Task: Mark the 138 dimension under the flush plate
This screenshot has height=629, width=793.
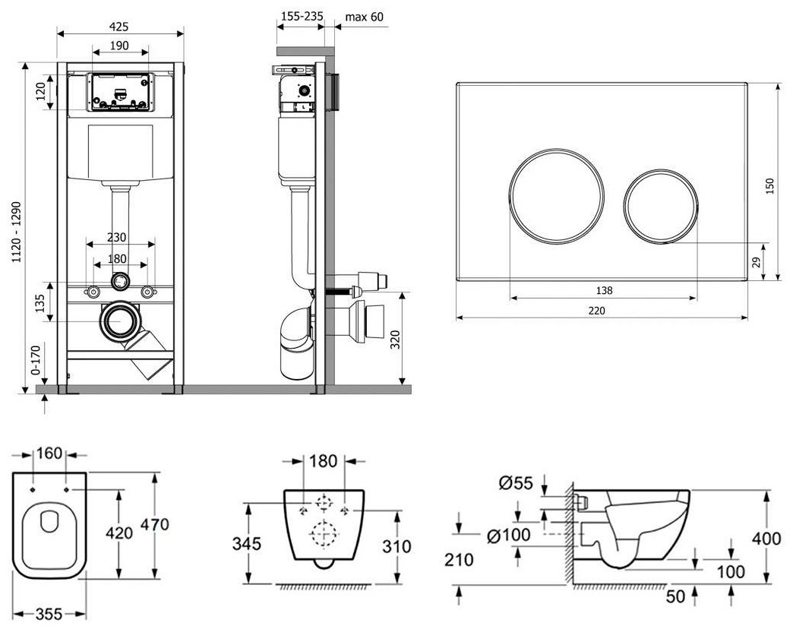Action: tap(603, 290)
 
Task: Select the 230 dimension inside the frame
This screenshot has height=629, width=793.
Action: tap(118, 237)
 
